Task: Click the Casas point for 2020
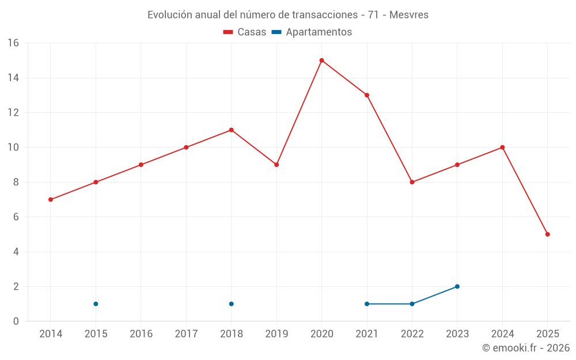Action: (x=321, y=60)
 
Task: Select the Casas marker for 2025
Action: (x=547, y=234)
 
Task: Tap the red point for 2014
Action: (x=51, y=199)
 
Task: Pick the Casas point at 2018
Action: (x=231, y=130)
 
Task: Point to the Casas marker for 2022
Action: (x=412, y=182)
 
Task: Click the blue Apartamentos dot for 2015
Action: (x=96, y=304)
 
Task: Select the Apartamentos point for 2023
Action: (x=457, y=286)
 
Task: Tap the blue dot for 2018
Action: (x=231, y=304)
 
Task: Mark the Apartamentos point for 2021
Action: (x=367, y=304)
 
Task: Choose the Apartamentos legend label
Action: (x=319, y=32)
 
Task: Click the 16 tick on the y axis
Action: (x=13, y=43)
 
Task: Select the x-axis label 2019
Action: (x=276, y=334)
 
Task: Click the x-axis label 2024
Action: (x=502, y=334)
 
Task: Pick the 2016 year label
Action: (x=141, y=334)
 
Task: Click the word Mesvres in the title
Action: (x=409, y=15)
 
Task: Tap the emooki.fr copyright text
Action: (x=526, y=348)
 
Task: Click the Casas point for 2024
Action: (x=502, y=147)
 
